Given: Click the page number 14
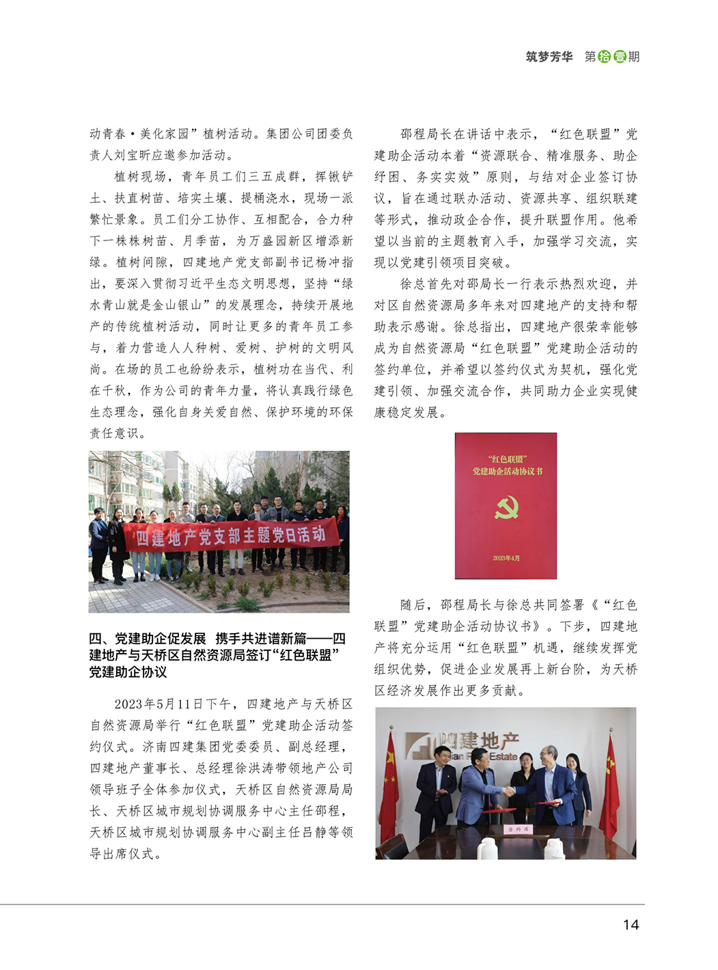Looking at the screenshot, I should click(x=631, y=924).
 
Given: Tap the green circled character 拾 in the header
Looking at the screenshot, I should click(x=605, y=57).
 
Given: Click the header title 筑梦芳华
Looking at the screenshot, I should click(x=549, y=57).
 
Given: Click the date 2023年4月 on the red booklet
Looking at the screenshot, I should click(x=506, y=558).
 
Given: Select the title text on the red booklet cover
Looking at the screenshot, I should click(x=506, y=465).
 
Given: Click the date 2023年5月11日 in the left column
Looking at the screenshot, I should click(x=154, y=704).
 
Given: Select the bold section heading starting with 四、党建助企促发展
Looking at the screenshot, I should click(x=217, y=655).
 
